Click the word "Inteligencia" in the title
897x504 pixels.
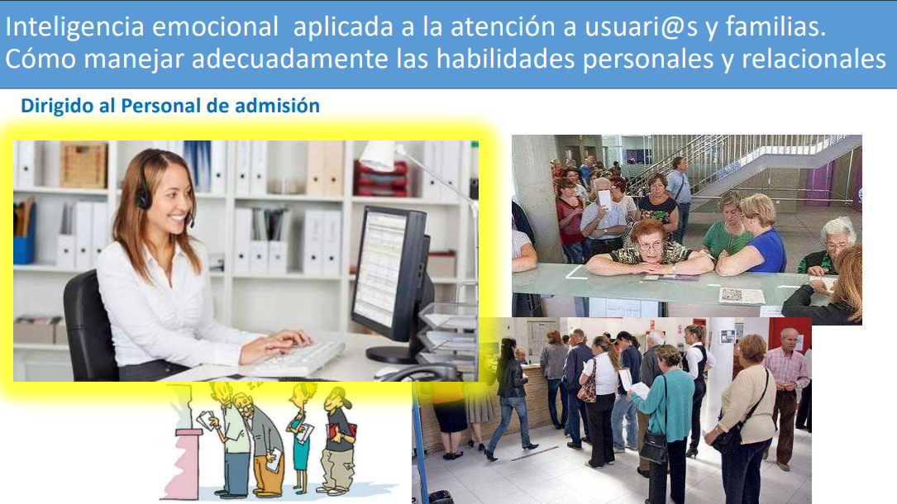tap(74, 27)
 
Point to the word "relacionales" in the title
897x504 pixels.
tap(814, 59)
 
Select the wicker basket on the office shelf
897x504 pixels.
tap(83, 165)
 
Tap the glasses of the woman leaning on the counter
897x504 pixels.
tap(651, 246)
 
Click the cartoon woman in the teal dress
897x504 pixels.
tap(300, 438)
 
